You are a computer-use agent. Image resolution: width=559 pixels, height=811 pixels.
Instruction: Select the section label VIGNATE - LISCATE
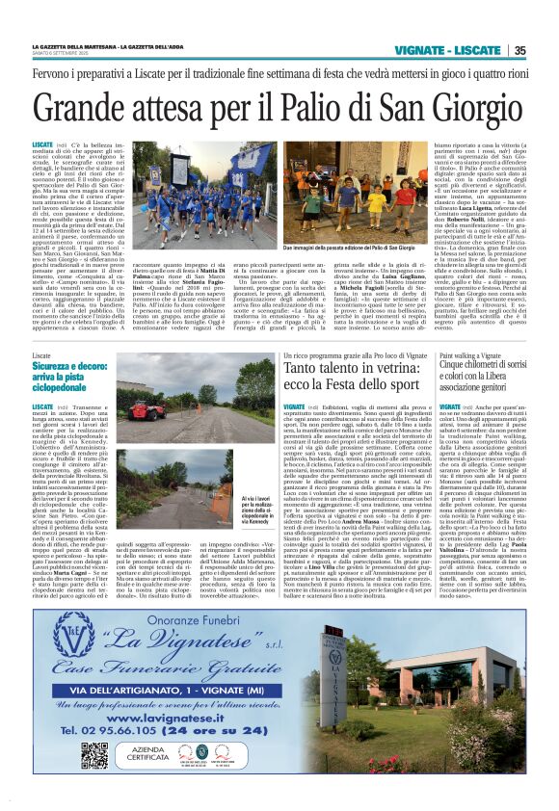point(461,51)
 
